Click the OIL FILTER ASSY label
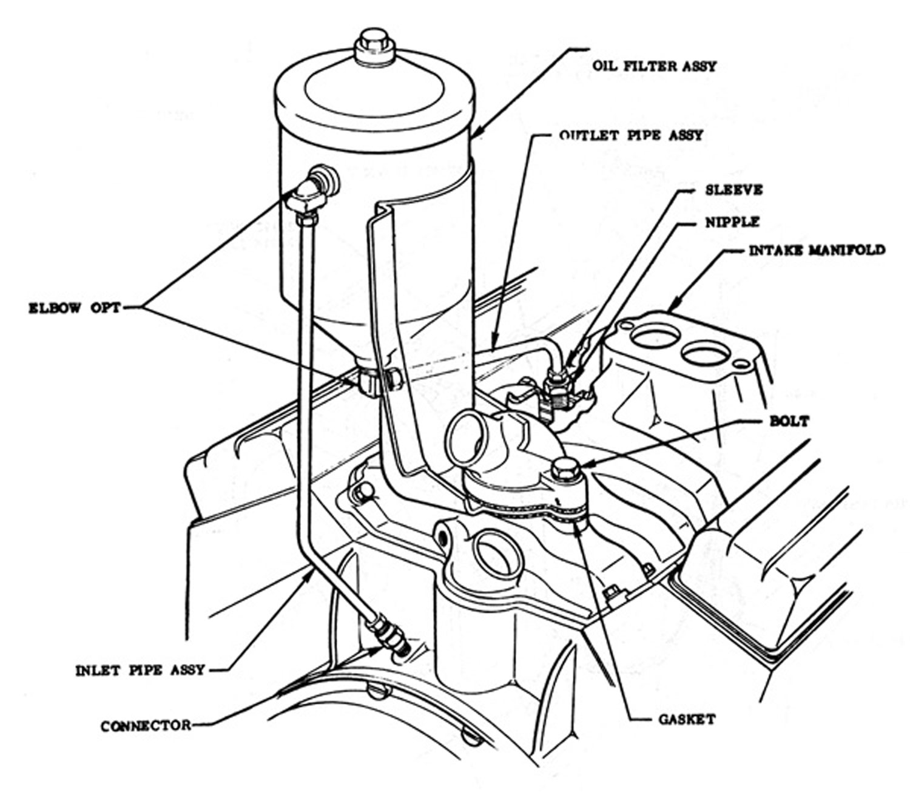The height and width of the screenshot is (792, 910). (654, 66)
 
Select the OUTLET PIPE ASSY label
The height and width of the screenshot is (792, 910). (631, 135)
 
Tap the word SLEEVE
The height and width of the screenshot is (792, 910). (733, 190)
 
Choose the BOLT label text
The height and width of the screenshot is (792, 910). (789, 421)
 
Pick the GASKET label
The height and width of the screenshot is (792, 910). (687, 719)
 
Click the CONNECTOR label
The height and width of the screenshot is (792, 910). (146, 725)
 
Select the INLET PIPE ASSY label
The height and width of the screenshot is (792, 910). (140, 671)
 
